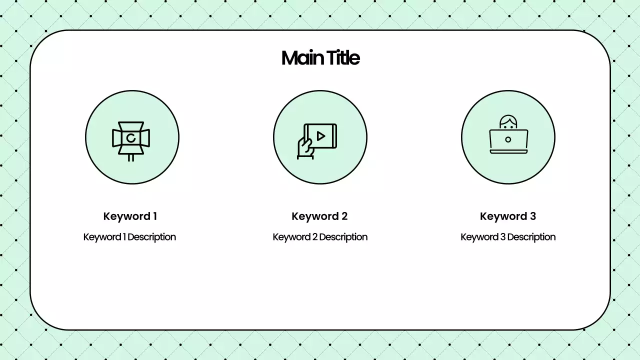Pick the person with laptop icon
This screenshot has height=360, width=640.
point(508,135)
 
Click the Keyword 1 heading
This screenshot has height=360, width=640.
point(130,216)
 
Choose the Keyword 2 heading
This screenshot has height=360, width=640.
point(319,216)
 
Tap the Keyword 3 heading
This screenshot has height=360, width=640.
point(507,216)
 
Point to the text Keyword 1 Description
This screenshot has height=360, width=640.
point(129,237)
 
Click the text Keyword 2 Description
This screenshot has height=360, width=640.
point(320,237)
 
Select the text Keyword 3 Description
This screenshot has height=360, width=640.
point(508,237)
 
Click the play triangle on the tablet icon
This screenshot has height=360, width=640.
point(321,136)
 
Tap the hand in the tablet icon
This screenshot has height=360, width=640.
point(304,148)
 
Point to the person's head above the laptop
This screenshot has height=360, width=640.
point(508,122)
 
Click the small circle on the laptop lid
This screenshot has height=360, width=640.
point(508,139)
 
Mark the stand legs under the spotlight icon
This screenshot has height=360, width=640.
point(131,157)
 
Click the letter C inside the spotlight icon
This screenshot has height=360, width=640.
point(131,138)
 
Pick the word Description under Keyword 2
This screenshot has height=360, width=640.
point(343,237)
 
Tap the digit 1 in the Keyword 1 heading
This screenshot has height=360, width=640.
point(154,216)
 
